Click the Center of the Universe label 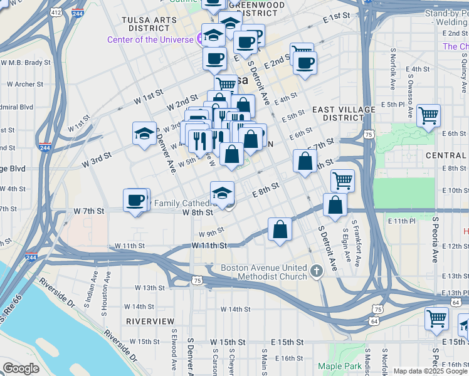pyautogui.click(x=149, y=39)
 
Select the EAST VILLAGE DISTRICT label pyautogui.click(x=344, y=113)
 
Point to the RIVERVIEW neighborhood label pyautogui.click(x=150, y=321)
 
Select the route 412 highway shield pyautogui.click(x=56, y=12)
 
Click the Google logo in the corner pyautogui.click(x=21, y=368)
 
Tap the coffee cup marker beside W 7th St pyautogui.click(x=135, y=201)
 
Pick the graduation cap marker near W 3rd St pyautogui.click(x=144, y=133)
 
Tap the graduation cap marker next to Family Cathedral pyautogui.click(x=222, y=193)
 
